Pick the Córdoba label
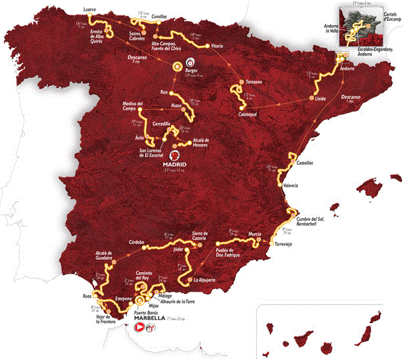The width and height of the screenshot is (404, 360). pyautogui.click(x=137, y=240)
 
